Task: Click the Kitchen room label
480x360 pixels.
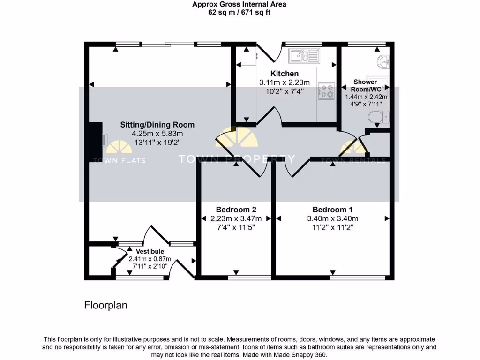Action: pos(284,74)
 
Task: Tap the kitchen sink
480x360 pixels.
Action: pos(304,57)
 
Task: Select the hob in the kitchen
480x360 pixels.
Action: pos(326,91)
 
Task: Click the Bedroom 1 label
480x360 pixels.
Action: pos(332,210)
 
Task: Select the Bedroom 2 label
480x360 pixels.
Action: pos(236,210)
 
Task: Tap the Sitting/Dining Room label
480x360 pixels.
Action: pos(157,125)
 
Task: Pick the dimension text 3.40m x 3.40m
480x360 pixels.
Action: pos(332,218)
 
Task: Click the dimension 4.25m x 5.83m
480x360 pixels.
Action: pos(157,134)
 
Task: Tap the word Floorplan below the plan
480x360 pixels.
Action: pos(105,305)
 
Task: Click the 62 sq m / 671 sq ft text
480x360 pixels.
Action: pos(240,13)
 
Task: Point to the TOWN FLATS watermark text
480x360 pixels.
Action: pos(120,160)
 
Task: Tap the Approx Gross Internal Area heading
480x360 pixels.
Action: pos(240,5)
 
